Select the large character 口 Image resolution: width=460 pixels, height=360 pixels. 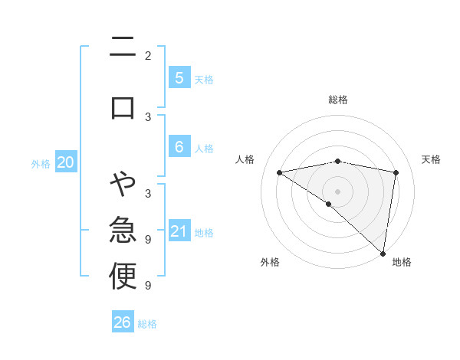(123, 106)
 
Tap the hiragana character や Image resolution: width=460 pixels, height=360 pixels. (123, 184)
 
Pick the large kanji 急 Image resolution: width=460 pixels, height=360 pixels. (123, 230)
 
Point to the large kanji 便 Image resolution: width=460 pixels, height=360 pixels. (123, 277)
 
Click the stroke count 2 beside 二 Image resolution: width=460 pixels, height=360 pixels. (148, 56)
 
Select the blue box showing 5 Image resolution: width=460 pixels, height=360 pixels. (179, 78)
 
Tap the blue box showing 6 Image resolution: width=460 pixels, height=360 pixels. (179, 147)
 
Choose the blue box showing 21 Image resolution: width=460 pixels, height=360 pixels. (179, 231)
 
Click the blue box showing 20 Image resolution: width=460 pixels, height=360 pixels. (66, 162)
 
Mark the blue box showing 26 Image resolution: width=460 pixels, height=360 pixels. (122, 322)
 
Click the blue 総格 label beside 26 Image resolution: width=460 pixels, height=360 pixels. (147, 324)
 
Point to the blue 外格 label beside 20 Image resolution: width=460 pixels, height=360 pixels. (41, 163)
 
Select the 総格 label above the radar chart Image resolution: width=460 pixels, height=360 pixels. (338, 100)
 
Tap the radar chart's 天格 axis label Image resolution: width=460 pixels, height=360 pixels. (431, 159)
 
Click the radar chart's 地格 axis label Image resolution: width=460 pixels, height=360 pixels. (402, 262)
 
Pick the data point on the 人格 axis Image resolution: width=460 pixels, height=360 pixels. (280, 172)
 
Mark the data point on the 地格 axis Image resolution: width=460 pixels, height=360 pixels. (383, 253)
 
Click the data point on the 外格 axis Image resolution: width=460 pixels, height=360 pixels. (329, 204)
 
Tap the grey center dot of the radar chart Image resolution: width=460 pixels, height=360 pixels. (338, 191)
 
